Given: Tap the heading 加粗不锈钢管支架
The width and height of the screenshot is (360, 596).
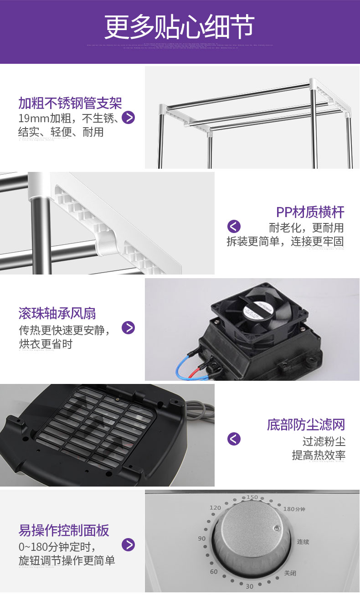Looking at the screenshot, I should click(70, 103).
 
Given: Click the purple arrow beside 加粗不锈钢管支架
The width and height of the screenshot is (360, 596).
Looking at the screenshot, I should click(129, 118).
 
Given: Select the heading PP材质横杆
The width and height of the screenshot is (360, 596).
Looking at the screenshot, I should click(310, 212).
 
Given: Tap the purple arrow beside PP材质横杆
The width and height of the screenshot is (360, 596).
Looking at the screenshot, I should click(234, 226).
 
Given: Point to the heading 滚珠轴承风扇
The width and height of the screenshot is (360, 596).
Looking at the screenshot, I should click(57, 313).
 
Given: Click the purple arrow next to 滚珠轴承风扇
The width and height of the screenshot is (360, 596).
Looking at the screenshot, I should click(129, 327).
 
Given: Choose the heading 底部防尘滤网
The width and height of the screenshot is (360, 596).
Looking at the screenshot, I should click(306, 425).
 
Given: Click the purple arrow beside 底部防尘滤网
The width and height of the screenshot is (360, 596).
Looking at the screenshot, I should click(234, 439).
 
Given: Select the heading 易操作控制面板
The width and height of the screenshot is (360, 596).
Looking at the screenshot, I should click(64, 530).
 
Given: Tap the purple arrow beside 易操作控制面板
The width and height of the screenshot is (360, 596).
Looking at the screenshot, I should click(129, 544).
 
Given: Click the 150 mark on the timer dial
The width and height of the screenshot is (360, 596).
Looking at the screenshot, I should click(252, 497).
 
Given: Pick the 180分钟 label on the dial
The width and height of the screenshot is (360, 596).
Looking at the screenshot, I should click(293, 509).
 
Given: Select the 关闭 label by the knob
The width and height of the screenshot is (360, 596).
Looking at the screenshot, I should click(290, 573).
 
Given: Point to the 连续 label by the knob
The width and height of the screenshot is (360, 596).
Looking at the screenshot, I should click(303, 542).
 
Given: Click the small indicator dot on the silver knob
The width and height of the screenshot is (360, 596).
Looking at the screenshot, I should click(275, 529).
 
